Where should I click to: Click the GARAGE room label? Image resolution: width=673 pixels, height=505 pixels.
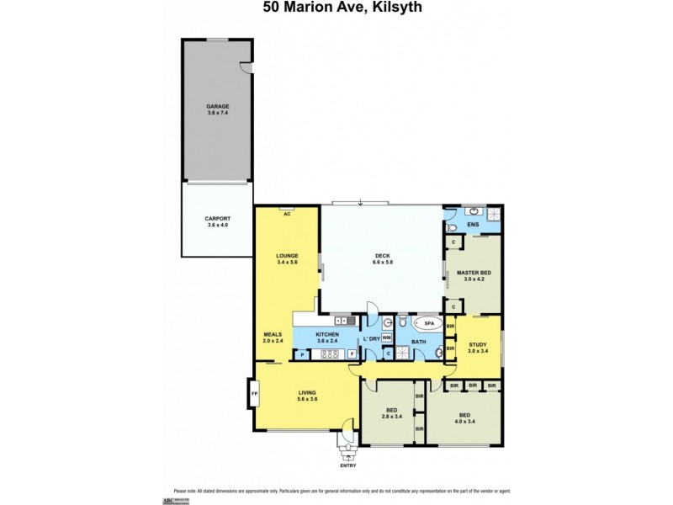[x=218, y=107]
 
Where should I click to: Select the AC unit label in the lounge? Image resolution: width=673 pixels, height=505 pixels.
[x=287, y=214]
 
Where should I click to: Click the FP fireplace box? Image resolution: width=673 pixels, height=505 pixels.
[x=253, y=393]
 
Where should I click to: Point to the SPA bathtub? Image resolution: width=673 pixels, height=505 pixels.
[x=427, y=323]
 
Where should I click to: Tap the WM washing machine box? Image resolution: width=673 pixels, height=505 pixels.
[x=386, y=338]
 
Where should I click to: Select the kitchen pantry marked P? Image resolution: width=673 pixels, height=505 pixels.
[x=301, y=354]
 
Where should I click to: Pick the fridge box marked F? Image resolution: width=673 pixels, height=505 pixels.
[x=351, y=354]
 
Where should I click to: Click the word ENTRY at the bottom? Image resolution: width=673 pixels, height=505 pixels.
[x=348, y=465]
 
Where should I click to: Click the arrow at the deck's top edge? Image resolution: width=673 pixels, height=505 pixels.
[x=360, y=202]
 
